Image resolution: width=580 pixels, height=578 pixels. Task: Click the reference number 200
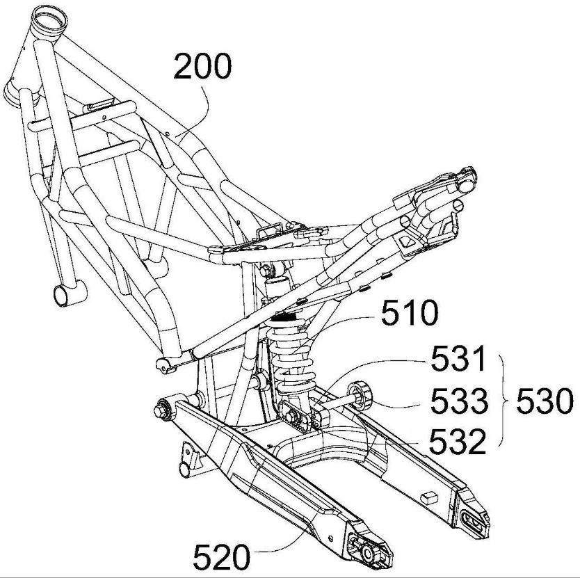[202, 68]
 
